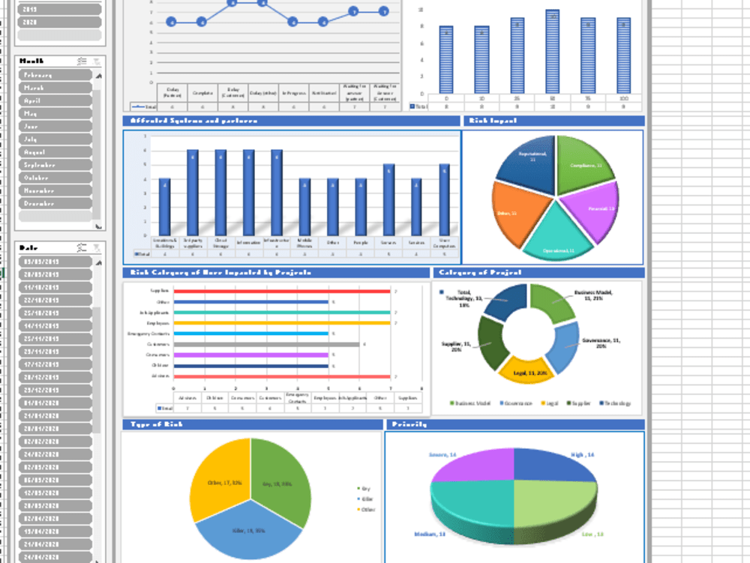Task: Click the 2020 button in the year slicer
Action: click(x=58, y=22)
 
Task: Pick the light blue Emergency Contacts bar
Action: click(x=250, y=333)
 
